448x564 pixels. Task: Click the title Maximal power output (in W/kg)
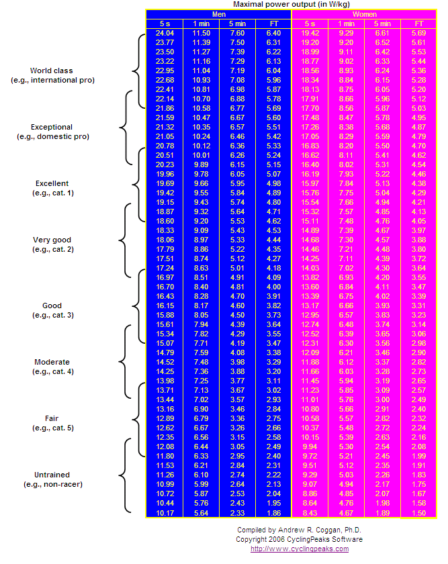(x=290, y=4)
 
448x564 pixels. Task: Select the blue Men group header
(x=218, y=14)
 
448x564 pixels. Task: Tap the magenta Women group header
(x=364, y=14)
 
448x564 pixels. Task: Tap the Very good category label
(x=52, y=244)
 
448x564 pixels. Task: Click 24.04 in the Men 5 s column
(x=165, y=32)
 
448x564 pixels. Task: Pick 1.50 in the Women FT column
(x=418, y=513)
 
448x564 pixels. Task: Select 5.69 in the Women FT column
(x=418, y=32)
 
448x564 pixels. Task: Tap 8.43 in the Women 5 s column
(x=310, y=513)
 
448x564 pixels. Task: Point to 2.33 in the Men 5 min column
(x=237, y=513)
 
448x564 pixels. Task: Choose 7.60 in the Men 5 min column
(x=237, y=32)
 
